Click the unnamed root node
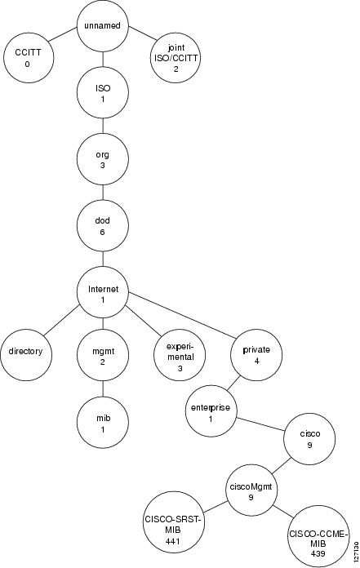pyautogui.click(x=103, y=26)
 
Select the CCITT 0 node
pyautogui.click(x=28, y=58)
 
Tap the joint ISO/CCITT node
pyautogui.click(x=176, y=58)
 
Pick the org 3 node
pyautogui.click(x=103, y=159)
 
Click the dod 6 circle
pyautogui.click(x=103, y=226)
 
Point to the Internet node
pyautogui.click(x=103, y=294)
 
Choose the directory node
pyautogui.click(x=26, y=355)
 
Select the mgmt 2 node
pyautogui.click(x=103, y=355)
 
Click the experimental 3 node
pyautogui.click(x=180, y=355)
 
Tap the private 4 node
pyautogui.click(x=256, y=355)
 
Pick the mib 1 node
pyautogui.click(x=103, y=423)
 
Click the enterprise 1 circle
pyautogui.click(x=211, y=411)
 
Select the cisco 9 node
pyautogui.click(x=309, y=439)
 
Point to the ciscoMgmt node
pyautogui.click(x=251, y=490)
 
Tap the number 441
pyautogui.click(x=173, y=541)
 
